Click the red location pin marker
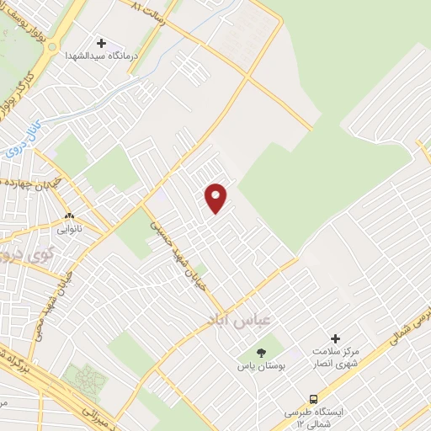point(216,197)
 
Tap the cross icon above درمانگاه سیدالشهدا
point(102,43)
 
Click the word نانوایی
point(71,227)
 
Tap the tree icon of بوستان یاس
point(261,354)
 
